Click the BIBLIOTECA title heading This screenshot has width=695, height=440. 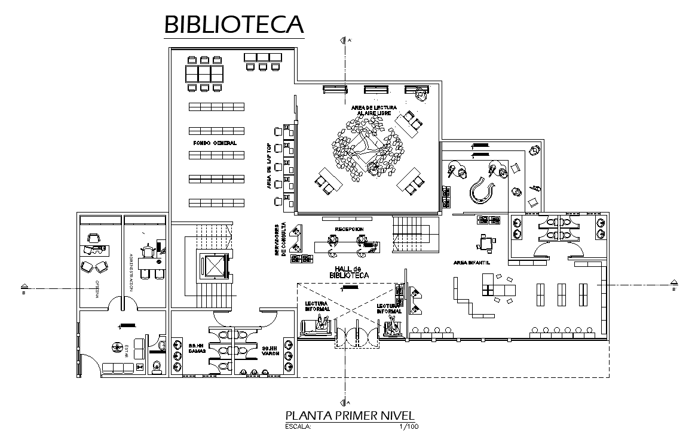point(234,24)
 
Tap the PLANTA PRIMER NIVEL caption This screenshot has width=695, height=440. point(349,416)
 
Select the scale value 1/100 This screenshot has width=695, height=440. point(409,427)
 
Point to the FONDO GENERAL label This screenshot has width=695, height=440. point(215,143)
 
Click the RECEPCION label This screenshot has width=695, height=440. point(349,229)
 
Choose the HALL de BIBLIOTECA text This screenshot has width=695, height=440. point(349,272)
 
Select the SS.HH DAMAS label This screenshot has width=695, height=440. point(197,349)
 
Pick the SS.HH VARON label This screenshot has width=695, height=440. point(270,350)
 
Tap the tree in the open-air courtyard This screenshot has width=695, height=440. point(366,149)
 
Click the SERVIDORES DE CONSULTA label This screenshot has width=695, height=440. point(280,241)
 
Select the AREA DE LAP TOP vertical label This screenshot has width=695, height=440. point(270,167)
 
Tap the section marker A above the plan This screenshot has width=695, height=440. point(343,41)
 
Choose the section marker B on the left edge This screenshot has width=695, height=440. point(23,287)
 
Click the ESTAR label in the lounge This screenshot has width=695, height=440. point(127,349)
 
